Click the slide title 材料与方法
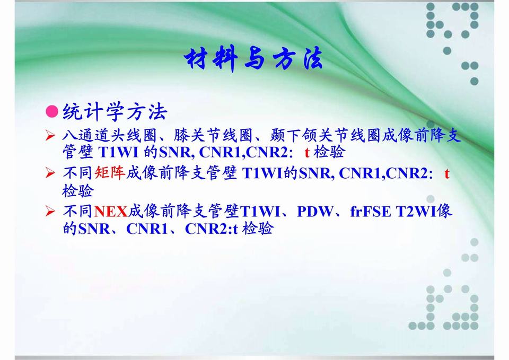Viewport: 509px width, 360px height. pos(253,58)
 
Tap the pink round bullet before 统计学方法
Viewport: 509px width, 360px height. pos(52,111)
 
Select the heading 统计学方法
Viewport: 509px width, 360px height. pos(115,112)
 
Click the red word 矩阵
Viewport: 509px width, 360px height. pos(110,173)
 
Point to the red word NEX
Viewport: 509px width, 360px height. pos(111,212)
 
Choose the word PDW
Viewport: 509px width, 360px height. pos(315,212)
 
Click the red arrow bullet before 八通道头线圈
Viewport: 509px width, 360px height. pos(50,135)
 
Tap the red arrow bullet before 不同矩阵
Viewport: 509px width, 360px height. pos(50,173)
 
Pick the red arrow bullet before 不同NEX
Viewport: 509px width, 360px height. pos(50,212)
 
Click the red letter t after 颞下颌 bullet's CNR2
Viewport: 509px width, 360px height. pos(307,152)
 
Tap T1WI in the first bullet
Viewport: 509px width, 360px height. pos(118,152)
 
